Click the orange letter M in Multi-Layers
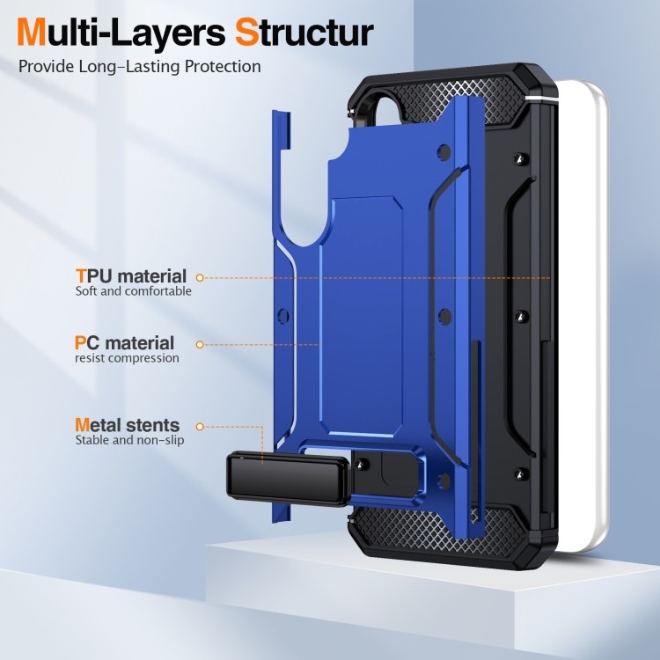coord(32,32)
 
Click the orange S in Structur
coord(247,32)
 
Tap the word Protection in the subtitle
coord(224,67)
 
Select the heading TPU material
coord(131,276)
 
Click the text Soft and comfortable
coord(134,291)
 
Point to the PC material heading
coord(125,343)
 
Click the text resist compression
coord(127,358)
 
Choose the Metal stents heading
coord(128,425)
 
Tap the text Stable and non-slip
coord(129,440)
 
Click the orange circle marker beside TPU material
coord(200,278)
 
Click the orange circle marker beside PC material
coord(200,345)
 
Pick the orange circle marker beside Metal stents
coord(200,427)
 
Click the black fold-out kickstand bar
coord(288,479)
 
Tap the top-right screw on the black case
coord(521,158)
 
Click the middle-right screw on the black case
coord(521,316)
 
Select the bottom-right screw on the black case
coord(521,473)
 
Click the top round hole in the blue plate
coord(444,152)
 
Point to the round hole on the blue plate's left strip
coord(283,316)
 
